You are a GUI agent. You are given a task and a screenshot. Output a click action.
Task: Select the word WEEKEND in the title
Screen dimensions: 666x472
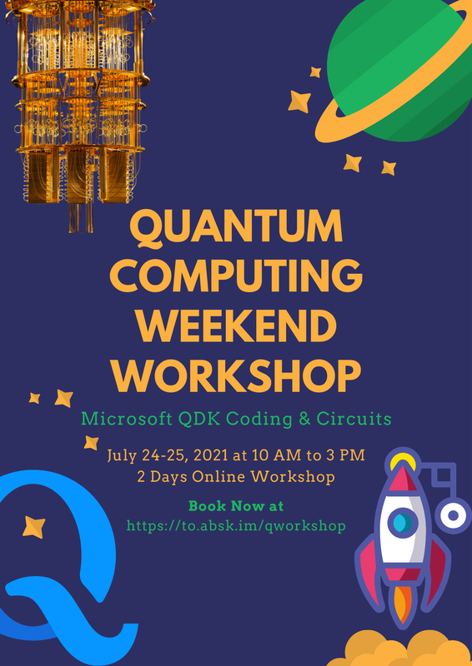[x=237, y=326]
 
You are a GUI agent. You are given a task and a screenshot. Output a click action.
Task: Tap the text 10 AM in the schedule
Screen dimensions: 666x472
[x=276, y=457]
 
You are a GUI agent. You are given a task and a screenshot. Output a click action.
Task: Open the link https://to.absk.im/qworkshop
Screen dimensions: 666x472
[x=236, y=526]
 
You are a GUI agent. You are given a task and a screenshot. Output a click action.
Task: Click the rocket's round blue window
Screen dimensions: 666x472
[x=404, y=522]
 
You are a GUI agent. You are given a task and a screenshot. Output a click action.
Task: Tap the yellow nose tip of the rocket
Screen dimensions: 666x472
[x=404, y=460]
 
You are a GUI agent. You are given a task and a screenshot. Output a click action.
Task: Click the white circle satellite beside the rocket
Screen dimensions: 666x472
[x=454, y=515]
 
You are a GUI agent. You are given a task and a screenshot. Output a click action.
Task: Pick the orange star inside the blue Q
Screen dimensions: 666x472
[x=34, y=527]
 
